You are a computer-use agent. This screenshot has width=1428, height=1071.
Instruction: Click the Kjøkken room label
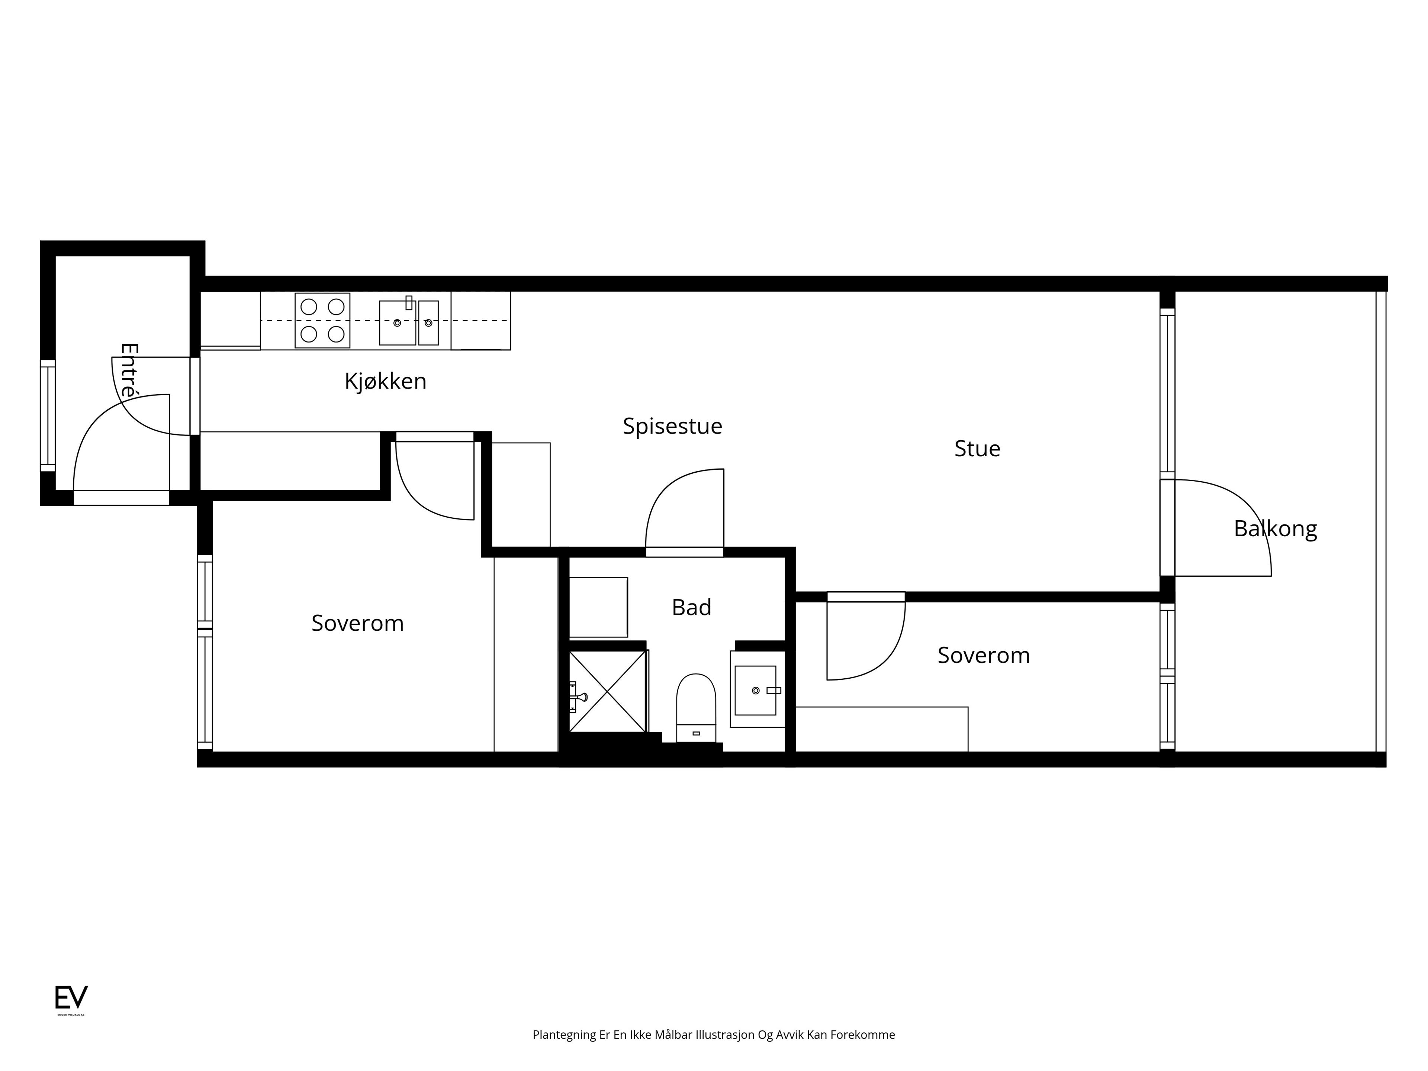(385, 382)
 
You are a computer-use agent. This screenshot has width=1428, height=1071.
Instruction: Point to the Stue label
(977, 449)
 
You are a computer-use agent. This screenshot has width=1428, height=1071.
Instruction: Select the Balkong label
(1275, 529)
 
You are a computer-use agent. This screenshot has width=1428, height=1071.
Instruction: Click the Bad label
(691, 608)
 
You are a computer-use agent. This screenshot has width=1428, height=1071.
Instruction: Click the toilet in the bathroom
(696, 708)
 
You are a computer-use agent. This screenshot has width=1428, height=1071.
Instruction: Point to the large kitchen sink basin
(398, 322)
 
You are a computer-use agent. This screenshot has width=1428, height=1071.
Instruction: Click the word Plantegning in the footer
(564, 1035)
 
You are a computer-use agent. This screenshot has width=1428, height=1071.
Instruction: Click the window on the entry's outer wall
(48, 416)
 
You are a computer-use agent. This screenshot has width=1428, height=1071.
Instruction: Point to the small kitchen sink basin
(428, 322)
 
